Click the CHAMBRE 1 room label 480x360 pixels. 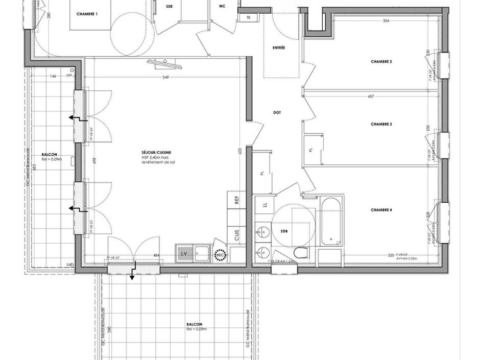[x=87, y=14]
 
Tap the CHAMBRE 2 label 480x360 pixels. [x=381, y=61]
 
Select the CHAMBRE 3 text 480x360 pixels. [x=381, y=124]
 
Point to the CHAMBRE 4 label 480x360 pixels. [x=381, y=210]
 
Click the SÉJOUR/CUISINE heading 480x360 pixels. [x=157, y=153]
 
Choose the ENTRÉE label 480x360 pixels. [x=279, y=47]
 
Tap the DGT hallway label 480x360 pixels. [x=277, y=112]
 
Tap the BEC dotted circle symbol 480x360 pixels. [x=220, y=254]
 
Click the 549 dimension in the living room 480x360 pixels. [x=165, y=78]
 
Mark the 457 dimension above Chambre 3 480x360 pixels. [x=371, y=96]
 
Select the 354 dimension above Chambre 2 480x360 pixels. [x=386, y=21]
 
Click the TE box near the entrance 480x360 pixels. [x=249, y=18]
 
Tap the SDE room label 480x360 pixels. [x=170, y=7]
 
